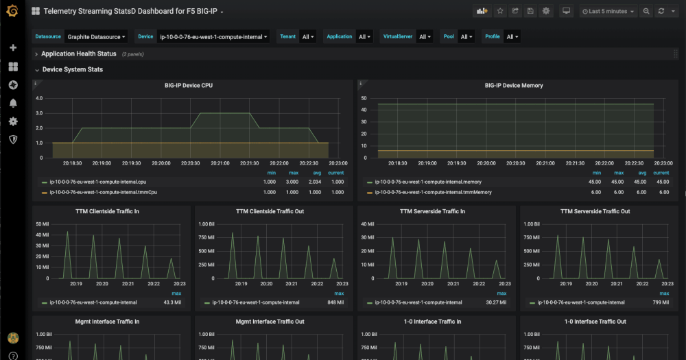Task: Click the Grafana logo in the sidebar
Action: coord(12,11)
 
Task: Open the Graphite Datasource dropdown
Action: coord(96,37)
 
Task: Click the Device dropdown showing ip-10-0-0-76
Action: coord(213,37)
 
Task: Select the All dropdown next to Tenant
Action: coord(307,37)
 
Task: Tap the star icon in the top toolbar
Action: coord(500,12)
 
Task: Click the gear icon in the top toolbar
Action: coord(546,12)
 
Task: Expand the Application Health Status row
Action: coord(78,53)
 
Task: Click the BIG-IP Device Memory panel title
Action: coord(513,86)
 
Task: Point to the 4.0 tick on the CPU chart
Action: coord(39,98)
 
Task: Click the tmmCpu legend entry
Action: coord(103,193)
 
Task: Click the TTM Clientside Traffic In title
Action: coord(107,212)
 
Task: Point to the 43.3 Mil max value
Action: coord(171,302)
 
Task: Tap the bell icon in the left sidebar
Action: coord(12,103)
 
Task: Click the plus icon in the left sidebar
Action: coord(12,48)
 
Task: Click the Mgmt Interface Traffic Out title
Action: coord(270,322)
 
